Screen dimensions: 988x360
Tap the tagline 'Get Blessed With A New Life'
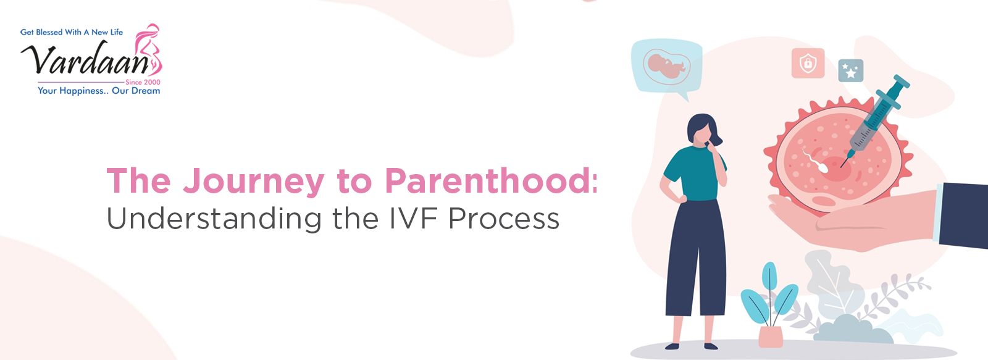point(72,32)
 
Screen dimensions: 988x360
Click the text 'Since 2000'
point(143,82)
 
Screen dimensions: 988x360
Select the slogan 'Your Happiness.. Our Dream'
point(99,91)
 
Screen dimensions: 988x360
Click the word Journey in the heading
point(254,182)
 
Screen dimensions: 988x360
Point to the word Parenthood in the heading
point(488,180)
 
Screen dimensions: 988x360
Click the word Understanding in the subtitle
point(214,219)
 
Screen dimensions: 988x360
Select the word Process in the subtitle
point(504,219)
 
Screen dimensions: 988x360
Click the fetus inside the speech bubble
point(667,66)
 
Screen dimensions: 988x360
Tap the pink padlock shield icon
point(808,63)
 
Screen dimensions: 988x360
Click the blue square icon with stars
point(851,70)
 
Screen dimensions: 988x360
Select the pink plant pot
point(771,337)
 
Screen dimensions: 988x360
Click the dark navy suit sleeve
point(964,215)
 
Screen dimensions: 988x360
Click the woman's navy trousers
point(696,258)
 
